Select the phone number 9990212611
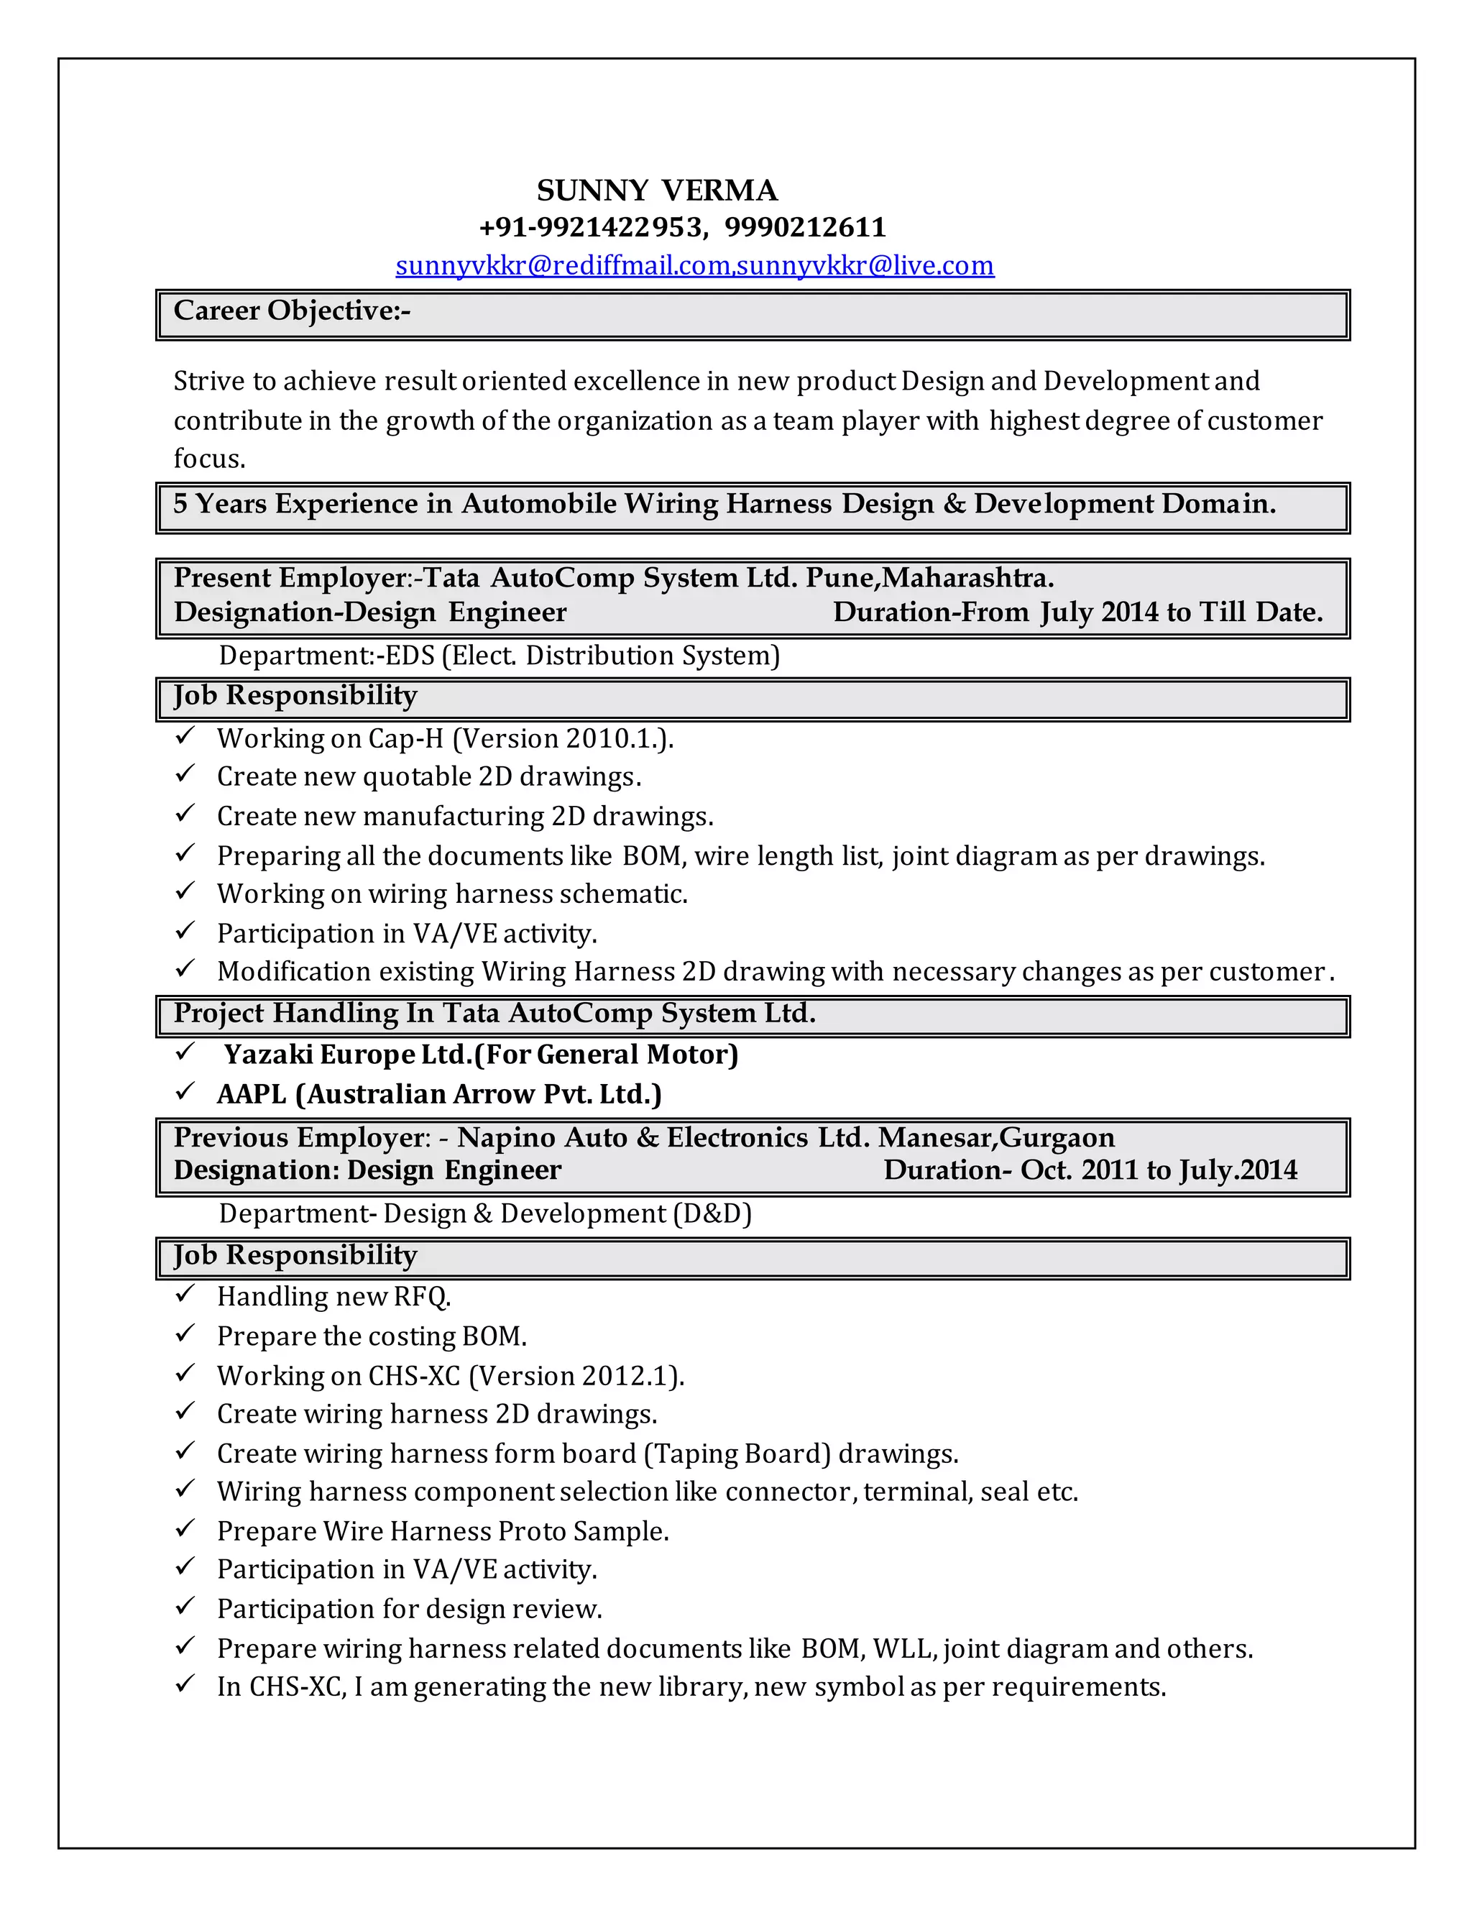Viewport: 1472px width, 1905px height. point(805,228)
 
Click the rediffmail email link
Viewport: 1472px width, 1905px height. point(563,265)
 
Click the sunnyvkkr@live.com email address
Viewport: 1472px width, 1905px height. point(865,265)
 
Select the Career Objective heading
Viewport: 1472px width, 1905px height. point(291,311)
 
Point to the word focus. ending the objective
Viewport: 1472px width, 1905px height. point(209,458)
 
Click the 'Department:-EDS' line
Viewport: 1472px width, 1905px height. point(499,655)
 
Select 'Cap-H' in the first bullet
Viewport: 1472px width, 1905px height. point(405,739)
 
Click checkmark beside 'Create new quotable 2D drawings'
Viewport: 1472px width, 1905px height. point(185,774)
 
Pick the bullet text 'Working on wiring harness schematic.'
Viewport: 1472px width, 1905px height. point(451,894)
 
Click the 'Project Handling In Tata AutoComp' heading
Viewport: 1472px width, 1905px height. point(494,1014)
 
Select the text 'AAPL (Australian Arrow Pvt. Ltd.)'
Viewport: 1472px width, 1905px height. point(438,1094)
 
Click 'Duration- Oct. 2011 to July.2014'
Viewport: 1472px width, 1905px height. point(1090,1170)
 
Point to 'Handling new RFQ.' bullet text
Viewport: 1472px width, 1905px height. point(334,1297)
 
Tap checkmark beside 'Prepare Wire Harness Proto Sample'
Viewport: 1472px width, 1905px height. point(185,1529)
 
